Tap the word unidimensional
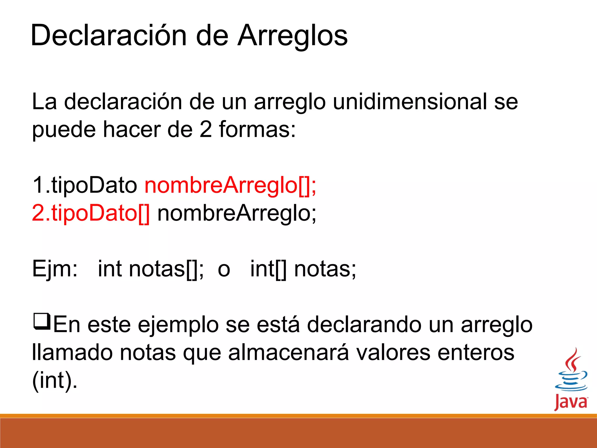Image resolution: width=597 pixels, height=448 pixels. click(x=410, y=102)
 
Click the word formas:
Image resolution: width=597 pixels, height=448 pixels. click(x=257, y=129)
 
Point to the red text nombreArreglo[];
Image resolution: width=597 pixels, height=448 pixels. click(x=230, y=185)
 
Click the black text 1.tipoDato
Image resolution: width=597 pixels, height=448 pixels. click(x=85, y=185)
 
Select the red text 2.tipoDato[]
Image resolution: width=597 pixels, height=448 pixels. click(x=91, y=213)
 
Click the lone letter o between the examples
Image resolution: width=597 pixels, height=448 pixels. click(x=224, y=269)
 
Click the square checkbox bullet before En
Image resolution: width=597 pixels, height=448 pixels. click(x=42, y=321)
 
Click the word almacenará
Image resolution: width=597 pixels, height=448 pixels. click(x=288, y=353)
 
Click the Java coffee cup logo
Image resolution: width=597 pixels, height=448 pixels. click(x=571, y=379)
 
